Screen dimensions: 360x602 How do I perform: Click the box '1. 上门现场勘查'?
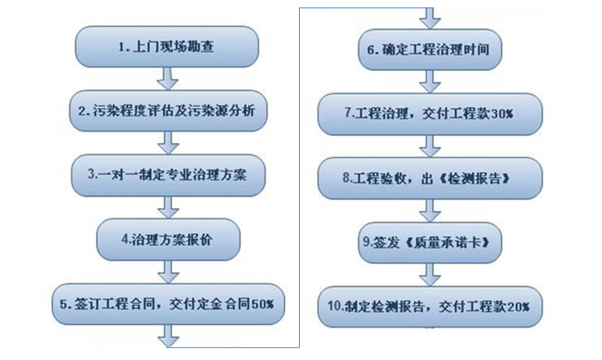(x=168, y=48)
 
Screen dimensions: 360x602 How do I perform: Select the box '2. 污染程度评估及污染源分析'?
(x=168, y=111)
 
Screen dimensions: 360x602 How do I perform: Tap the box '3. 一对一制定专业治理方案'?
(x=168, y=175)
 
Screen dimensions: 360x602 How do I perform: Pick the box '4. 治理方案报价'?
(x=168, y=239)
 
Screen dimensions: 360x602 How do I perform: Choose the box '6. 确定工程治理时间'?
(x=428, y=50)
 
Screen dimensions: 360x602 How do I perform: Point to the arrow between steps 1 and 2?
(x=168, y=80)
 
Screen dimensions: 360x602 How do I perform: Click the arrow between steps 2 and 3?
(x=168, y=143)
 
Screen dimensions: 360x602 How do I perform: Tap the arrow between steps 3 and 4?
(x=168, y=206)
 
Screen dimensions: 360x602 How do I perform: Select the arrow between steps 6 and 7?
(x=428, y=81)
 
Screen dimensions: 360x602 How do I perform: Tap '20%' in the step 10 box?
(x=518, y=306)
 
